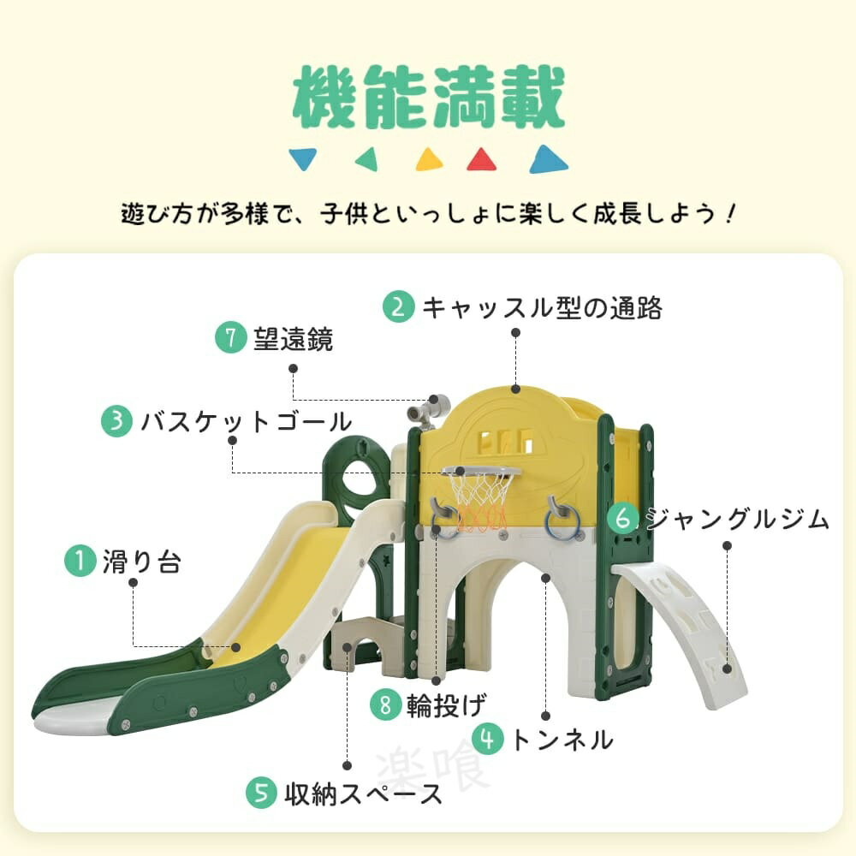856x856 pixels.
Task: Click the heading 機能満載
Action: [429, 98]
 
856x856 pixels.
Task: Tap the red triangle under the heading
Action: [481, 160]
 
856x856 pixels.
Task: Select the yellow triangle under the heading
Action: [429, 160]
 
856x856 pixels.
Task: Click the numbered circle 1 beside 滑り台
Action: [80, 561]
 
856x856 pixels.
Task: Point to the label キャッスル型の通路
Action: [542, 308]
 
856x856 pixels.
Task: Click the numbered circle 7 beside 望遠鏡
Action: [230, 336]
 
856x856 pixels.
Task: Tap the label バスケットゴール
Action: [247, 421]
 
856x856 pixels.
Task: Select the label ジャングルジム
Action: [738, 518]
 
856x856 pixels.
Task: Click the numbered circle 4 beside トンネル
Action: [488, 740]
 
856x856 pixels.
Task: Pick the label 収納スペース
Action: [363, 794]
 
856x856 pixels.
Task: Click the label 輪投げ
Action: [446, 705]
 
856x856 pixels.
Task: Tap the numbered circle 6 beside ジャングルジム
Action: [621, 518]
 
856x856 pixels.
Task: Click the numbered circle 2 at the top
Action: [399, 306]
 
